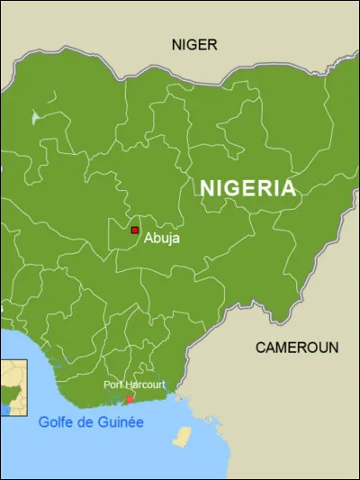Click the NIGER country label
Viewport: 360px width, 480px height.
[x=194, y=44]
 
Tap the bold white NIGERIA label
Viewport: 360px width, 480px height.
[x=247, y=188]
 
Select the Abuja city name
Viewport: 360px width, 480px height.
[x=162, y=239]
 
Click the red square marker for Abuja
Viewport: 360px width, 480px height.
[x=135, y=231]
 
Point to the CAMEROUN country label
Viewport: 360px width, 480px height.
[x=296, y=347]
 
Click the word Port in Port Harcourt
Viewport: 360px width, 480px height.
[x=112, y=385]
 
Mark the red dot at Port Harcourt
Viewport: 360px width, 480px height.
[x=130, y=399]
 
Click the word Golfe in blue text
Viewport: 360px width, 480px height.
[x=56, y=422]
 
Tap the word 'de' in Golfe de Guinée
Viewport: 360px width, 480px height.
[x=85, y=422]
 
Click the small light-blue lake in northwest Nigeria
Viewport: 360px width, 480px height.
[x=34, y=118]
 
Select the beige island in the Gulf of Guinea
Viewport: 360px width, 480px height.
[x=183, y=438]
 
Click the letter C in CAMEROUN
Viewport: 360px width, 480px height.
[x=261, y=347]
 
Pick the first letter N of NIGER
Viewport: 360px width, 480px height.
[x=177, y=44]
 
